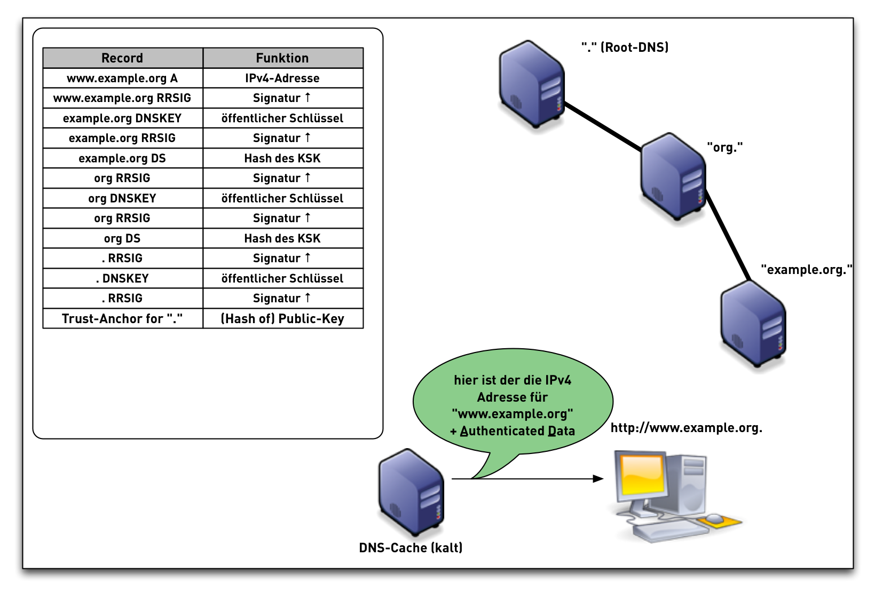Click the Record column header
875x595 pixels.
[x=122, y=58]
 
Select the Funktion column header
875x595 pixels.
[x=282, y=58]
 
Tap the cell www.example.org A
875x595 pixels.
[x=122, y=78]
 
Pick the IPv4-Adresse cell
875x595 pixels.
[x=282, y=78]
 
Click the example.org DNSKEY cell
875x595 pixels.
[x=122, y=118]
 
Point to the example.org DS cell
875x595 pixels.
[x=122, y=158]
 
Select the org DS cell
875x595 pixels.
[x=122, y=238]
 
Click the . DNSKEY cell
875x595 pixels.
[x=122, y=278]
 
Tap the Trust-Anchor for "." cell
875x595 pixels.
[x=122, y=318]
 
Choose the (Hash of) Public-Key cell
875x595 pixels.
[x=282, y=318]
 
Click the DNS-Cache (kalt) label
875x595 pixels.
[x=411, y=547]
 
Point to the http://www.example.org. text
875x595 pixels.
[x=686, y=428]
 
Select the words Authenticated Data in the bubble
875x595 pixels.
[x=517, y=431]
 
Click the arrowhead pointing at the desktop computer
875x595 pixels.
[x=598, y=479]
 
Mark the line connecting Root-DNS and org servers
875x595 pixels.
[x=603, y=127]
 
